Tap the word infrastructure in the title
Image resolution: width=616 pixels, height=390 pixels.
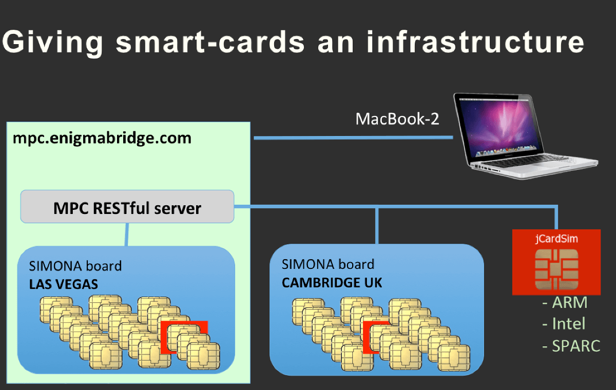(x=475, y=42)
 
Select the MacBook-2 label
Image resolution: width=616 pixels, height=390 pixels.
(x=397, y=120)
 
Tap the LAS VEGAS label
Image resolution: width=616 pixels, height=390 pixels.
(x=64, y=284)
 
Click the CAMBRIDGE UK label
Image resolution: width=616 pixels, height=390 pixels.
(x=332, y=282)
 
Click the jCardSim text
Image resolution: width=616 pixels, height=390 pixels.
(x=556, y=239)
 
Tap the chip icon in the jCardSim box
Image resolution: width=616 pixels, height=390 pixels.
(x=556, y=269)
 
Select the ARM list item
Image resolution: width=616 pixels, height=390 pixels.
(x=565, y=303)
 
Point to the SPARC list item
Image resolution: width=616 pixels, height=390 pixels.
(x=571, y=346)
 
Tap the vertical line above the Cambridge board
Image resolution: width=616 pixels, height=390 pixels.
(x=377, y=226)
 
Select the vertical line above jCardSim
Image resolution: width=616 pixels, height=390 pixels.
(x=556, y=218)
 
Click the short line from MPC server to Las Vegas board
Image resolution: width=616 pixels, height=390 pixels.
(x=127, y=235)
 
